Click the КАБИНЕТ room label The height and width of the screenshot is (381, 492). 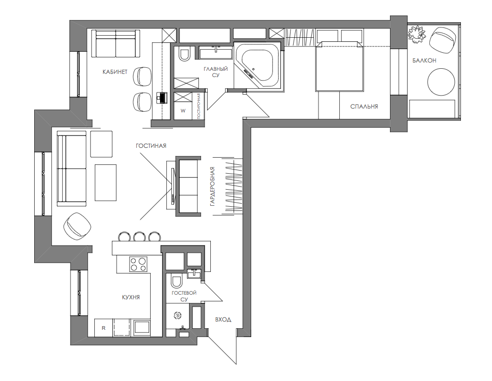115,72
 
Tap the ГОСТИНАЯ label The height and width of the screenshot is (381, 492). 151,146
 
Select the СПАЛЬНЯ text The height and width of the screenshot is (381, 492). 364,106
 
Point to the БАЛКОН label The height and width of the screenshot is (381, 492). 424,60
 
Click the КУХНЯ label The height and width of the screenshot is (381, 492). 131,297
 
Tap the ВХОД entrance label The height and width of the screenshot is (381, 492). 223,319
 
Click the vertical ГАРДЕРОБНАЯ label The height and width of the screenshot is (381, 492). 212,187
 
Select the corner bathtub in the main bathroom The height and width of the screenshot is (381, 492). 257,66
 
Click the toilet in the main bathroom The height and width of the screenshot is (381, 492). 184,53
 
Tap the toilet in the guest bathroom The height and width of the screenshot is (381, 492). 176,281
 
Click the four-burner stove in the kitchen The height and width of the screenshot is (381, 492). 138,264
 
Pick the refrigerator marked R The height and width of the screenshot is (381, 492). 104,328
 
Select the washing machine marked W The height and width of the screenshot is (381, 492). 183,111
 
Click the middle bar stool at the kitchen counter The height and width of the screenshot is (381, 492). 138,236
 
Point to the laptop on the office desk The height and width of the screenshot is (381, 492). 162,98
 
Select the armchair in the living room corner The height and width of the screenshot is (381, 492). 77,226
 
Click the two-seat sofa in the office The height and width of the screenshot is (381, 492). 115,43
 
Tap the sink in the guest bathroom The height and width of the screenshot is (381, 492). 195,273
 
